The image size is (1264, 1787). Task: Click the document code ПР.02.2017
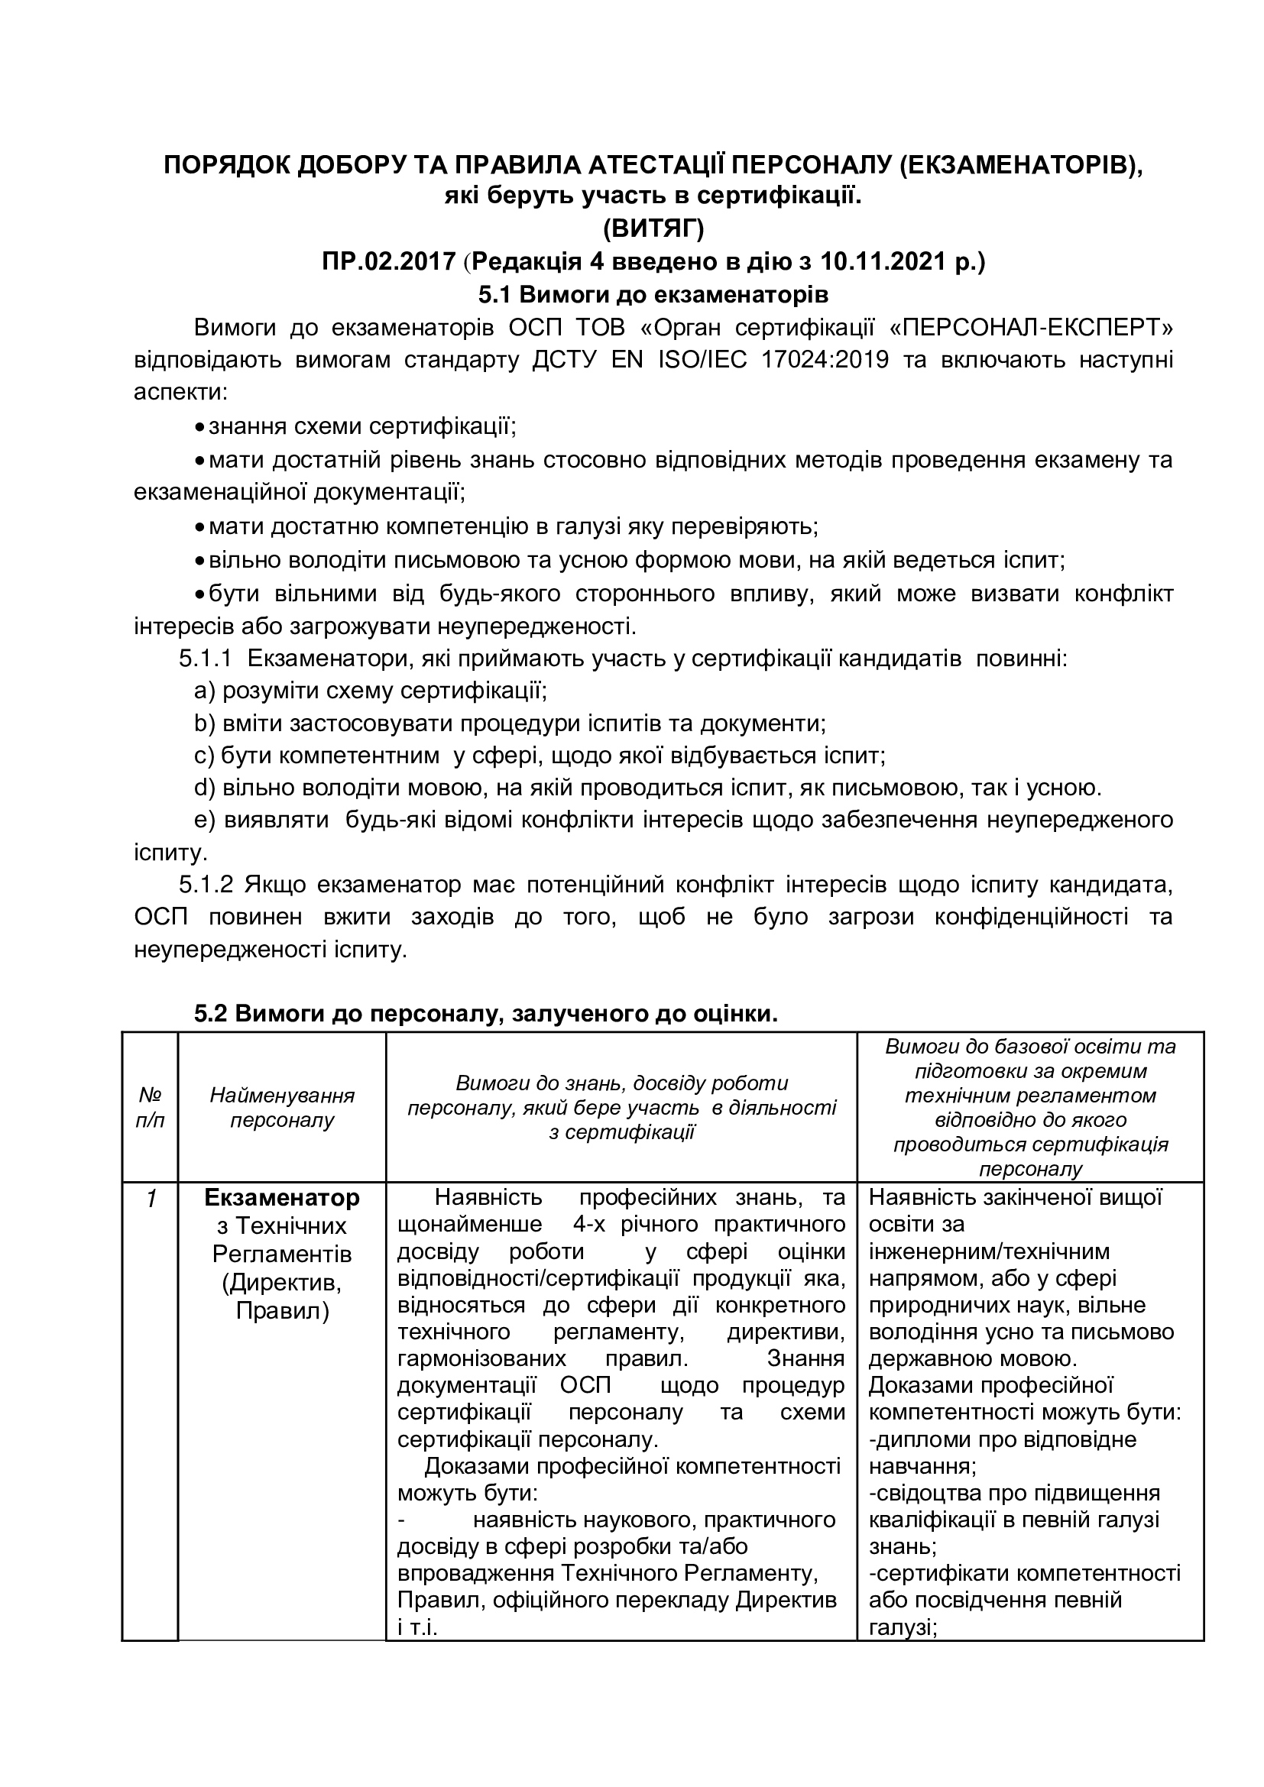(x=388, y=261)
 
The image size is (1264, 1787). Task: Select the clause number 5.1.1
(x=206, y=659)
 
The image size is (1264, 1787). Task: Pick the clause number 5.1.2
(x=206, y=885)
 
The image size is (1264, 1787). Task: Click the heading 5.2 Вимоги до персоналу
(x=486, y=1014)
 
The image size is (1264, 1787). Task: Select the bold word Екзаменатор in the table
(x=282, y=1198)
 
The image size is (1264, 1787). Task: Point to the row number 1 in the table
(x=152, y=1199)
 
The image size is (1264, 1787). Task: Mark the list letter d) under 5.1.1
(x=204, y=788)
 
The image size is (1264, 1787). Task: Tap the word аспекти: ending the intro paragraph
(x=180, y=392)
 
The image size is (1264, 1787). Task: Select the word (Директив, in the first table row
(x=282, y=1282)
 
